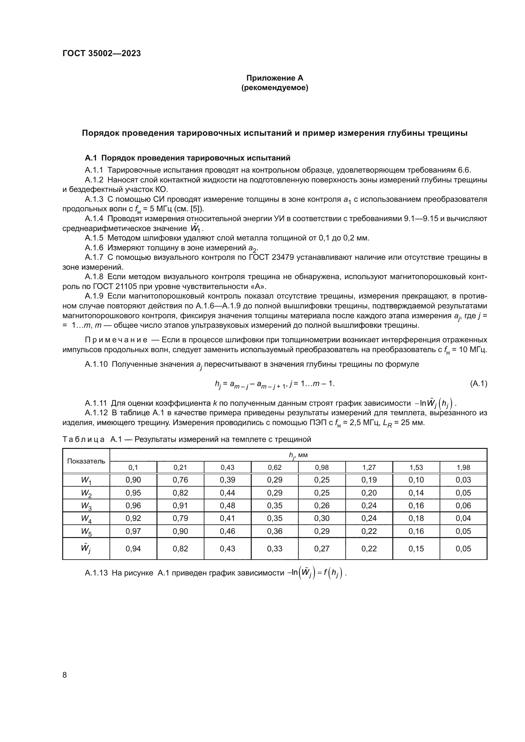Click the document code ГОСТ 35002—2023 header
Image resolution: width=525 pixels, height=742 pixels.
102,54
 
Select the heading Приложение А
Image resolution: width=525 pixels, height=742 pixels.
275,78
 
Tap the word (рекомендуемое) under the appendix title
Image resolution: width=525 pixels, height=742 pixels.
275,88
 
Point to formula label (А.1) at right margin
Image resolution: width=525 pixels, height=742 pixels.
478,384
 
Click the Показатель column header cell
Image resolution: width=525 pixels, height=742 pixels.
86,461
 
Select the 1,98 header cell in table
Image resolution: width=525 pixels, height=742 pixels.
463,467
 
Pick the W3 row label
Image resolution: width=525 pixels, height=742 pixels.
86,506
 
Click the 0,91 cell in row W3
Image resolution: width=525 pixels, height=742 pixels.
180,505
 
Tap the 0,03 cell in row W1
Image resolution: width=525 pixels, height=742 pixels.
463,480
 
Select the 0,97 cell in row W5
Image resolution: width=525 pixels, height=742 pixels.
133,531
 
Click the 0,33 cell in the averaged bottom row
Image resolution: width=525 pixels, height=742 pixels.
275,548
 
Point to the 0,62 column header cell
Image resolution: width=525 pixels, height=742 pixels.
275,467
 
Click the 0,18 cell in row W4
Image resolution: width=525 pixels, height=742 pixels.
416,518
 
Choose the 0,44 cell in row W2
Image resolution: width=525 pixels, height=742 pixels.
228,493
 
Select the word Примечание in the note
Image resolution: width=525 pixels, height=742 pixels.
116,340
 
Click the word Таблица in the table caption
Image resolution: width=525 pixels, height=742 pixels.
83,439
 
